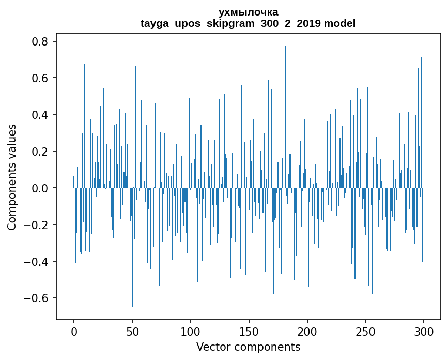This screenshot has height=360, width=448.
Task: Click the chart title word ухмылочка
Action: tap(248, 12)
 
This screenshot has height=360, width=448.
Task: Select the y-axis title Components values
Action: tap(12, 177)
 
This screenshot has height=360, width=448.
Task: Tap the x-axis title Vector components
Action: tap(248, 347)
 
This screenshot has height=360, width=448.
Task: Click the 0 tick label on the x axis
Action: tap(74, 331)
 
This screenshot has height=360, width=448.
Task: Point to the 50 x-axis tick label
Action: tap(132, 331)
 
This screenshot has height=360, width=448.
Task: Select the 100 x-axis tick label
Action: tap(191, 331)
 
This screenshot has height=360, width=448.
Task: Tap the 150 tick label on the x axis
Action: tap(249, 331)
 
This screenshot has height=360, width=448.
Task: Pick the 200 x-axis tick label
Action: tap(307, 331)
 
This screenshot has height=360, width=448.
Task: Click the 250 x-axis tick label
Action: tap(366, 331)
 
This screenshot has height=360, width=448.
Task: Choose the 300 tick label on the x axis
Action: tap(424, 331)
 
